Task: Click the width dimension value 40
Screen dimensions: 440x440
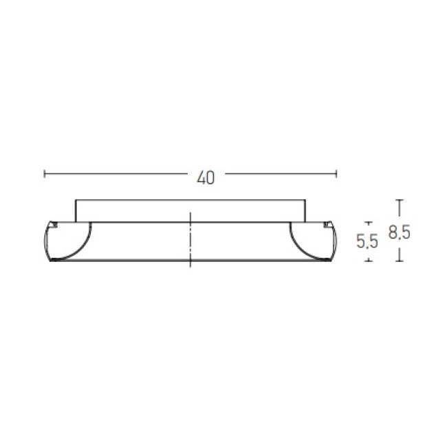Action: coord(206,177)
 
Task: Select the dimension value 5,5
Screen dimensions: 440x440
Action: coord(367,241)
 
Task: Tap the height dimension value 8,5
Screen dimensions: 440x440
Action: coord(399,232)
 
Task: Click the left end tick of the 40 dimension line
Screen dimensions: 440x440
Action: coord(44,174)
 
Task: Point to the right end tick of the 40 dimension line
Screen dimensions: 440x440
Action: coord(336,174)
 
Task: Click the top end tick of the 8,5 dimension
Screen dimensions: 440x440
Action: coord(399,200)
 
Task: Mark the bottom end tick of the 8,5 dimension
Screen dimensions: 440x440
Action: coord(399,261)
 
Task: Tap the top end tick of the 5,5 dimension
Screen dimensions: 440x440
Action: coord(368,222)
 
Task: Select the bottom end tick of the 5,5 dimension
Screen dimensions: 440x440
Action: coord(368,261)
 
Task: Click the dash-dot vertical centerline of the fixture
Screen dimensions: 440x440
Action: coord(190,239)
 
